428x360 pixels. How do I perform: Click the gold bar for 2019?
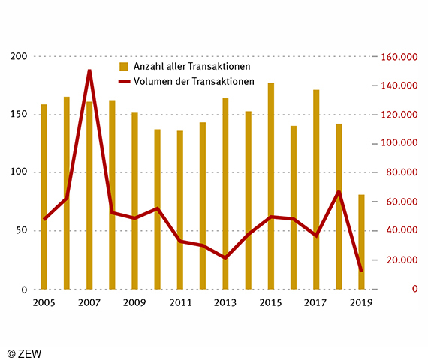(x=361, y=241)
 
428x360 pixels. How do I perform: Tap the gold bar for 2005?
(x=44, y=196)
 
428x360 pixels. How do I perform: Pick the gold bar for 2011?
(x=180, y=210)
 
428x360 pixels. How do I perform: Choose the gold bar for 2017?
(x=316, y=189)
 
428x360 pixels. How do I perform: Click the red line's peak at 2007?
(x=89, y=71)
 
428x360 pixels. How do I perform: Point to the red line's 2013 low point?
(x=225, y=258)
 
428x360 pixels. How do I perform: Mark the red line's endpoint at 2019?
(x=361, y=271)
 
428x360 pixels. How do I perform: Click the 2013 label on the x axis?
(x=225, y=302)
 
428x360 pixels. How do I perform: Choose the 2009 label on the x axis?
(x=135, y=302)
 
